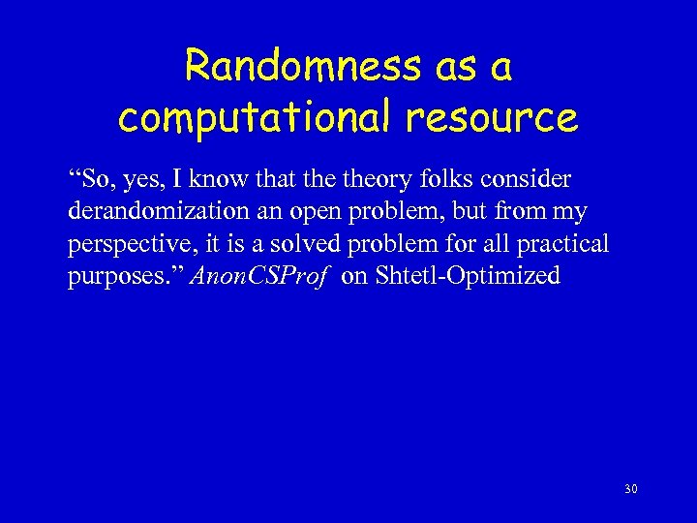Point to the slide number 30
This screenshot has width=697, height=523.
(630, 490)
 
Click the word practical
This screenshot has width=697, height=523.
(562, 244)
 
